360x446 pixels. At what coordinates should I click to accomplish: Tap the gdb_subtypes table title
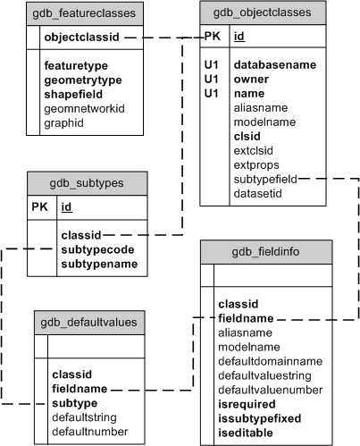(87, 182)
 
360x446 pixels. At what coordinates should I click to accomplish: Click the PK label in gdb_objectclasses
(213, 38)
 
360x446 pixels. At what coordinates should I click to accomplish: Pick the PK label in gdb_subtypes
(41, 207)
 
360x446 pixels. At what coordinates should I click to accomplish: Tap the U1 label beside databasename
(212, 64)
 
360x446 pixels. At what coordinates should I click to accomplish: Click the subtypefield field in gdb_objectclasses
(265, 179)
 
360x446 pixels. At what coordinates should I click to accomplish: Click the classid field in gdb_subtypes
(80, 235)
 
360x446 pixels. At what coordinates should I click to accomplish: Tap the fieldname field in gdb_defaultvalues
(80, 389)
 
